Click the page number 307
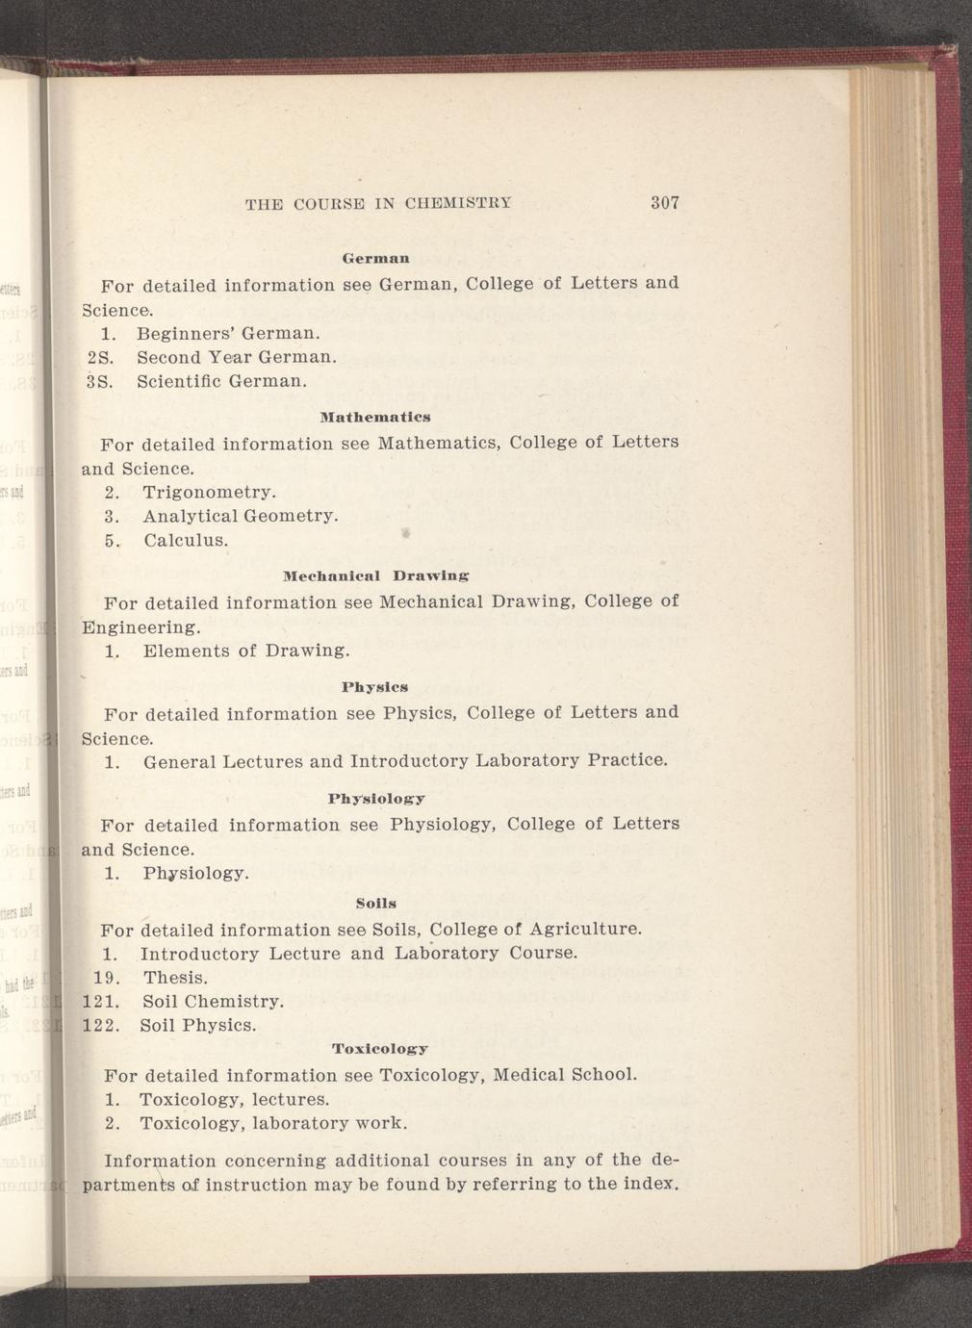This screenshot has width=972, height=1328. (x=665, y=203)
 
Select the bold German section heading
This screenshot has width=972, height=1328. (x=377, y=259)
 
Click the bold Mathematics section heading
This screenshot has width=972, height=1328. (x=375, y=418)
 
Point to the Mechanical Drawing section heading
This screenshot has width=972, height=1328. (x=376, y=576)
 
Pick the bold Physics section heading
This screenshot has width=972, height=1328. (x=375, y=687)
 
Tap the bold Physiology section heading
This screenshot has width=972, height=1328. (x=376, y=799)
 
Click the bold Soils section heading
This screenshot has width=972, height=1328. (x=375, y=904)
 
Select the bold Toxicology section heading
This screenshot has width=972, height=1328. (x=379, y=1048)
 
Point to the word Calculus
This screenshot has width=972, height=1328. (x=186, y=540)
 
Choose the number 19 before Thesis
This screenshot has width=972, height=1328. (x=105, y=978)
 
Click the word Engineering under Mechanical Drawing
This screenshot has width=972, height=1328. (x=141, y=627)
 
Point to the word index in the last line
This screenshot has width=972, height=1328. (x=653, y=1184)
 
